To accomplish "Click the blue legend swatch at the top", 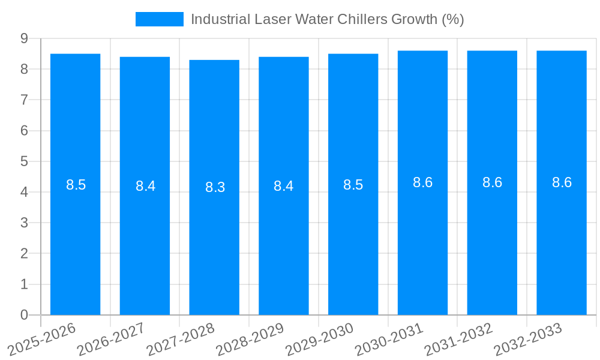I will [x=159, y=19].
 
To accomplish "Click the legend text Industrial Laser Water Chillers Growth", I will [x=327, y=19].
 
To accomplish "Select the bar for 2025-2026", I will [x=75, y=240].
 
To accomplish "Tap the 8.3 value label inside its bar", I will [x=215, y=187].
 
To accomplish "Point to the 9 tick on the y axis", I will [x=24, y=38].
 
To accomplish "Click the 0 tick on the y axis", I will [x=24, y=315].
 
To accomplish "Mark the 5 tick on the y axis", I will [x=24, y=161].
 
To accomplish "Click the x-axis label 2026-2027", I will [x=111, y=338].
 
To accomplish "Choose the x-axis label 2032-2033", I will [x=528, y=338].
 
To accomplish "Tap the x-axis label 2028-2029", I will [x=250, y=338].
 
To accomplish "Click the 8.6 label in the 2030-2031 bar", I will [x=422, y=182].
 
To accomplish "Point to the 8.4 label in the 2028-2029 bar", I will [x=283, y=186].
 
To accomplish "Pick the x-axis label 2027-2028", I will [x=181, y=338].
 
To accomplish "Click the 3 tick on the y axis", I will [x=24, y=223].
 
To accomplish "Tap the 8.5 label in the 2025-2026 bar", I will [x=76, y=185].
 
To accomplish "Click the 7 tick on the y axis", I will [x=24, y=100].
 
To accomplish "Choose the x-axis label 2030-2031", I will [x=389, y=338].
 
